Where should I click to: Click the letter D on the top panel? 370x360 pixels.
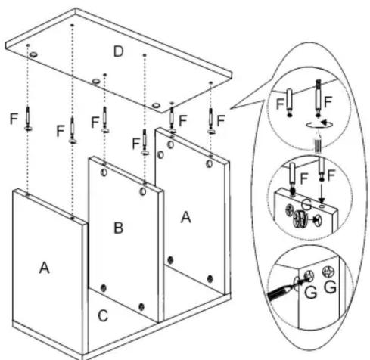point(119,51)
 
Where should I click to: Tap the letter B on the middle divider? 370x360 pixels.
point(119,228)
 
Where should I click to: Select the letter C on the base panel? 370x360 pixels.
point(103,315)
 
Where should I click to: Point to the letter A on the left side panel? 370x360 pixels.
point(45,268)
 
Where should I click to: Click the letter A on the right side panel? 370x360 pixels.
point(186,217)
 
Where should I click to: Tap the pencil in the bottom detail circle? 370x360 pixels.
point(278,293)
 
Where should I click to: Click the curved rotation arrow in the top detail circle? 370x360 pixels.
point(320,124)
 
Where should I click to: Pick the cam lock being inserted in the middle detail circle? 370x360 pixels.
point(299,219)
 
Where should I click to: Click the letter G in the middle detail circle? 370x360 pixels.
point(306,204)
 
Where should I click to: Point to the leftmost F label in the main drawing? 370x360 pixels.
point(14,119)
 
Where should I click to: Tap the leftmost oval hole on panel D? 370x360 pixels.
point(33,54)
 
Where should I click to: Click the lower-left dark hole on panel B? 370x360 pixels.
point(104,288)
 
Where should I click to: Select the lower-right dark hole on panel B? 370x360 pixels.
point(141,306)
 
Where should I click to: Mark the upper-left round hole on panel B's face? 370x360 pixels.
point(104,172)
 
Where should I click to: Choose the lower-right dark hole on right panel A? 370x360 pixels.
point(210,279)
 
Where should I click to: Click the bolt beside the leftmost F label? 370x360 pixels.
point(28,119)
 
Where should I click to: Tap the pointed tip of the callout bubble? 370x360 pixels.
point(230,109)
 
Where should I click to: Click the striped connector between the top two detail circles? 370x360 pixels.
point(319,146)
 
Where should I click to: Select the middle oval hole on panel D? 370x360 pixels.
point(96,81)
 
